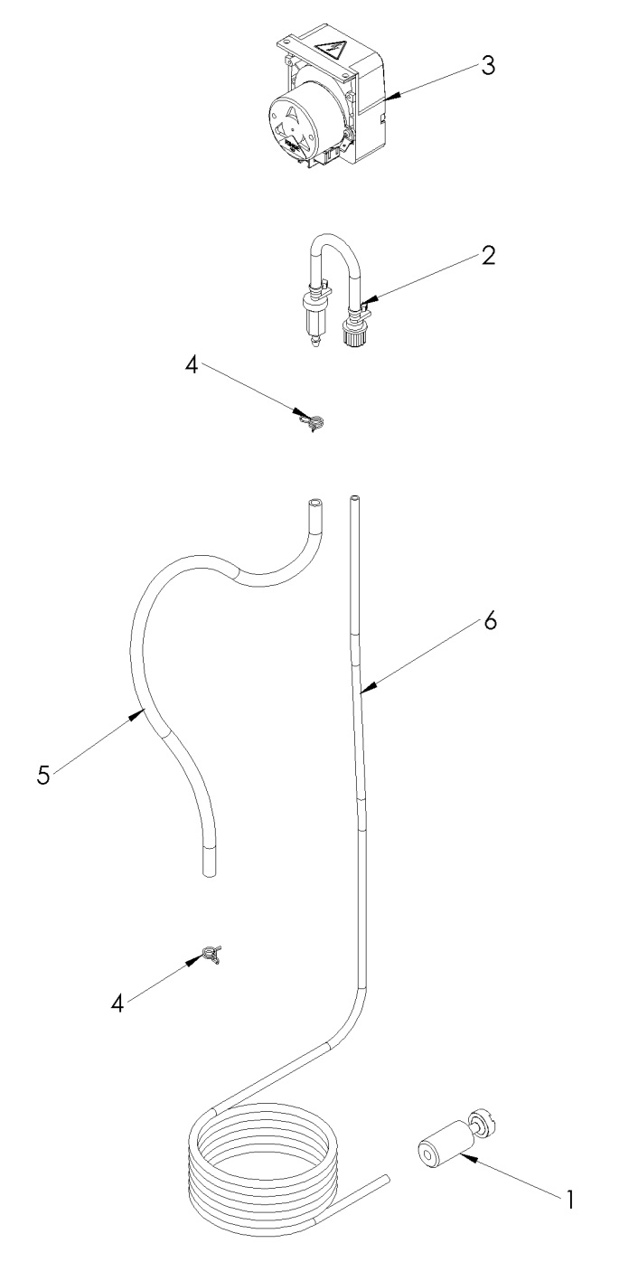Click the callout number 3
coord(488,69)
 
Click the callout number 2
coord(488,256)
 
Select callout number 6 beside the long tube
coord(488,624)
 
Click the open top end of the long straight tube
coord(354,498)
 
